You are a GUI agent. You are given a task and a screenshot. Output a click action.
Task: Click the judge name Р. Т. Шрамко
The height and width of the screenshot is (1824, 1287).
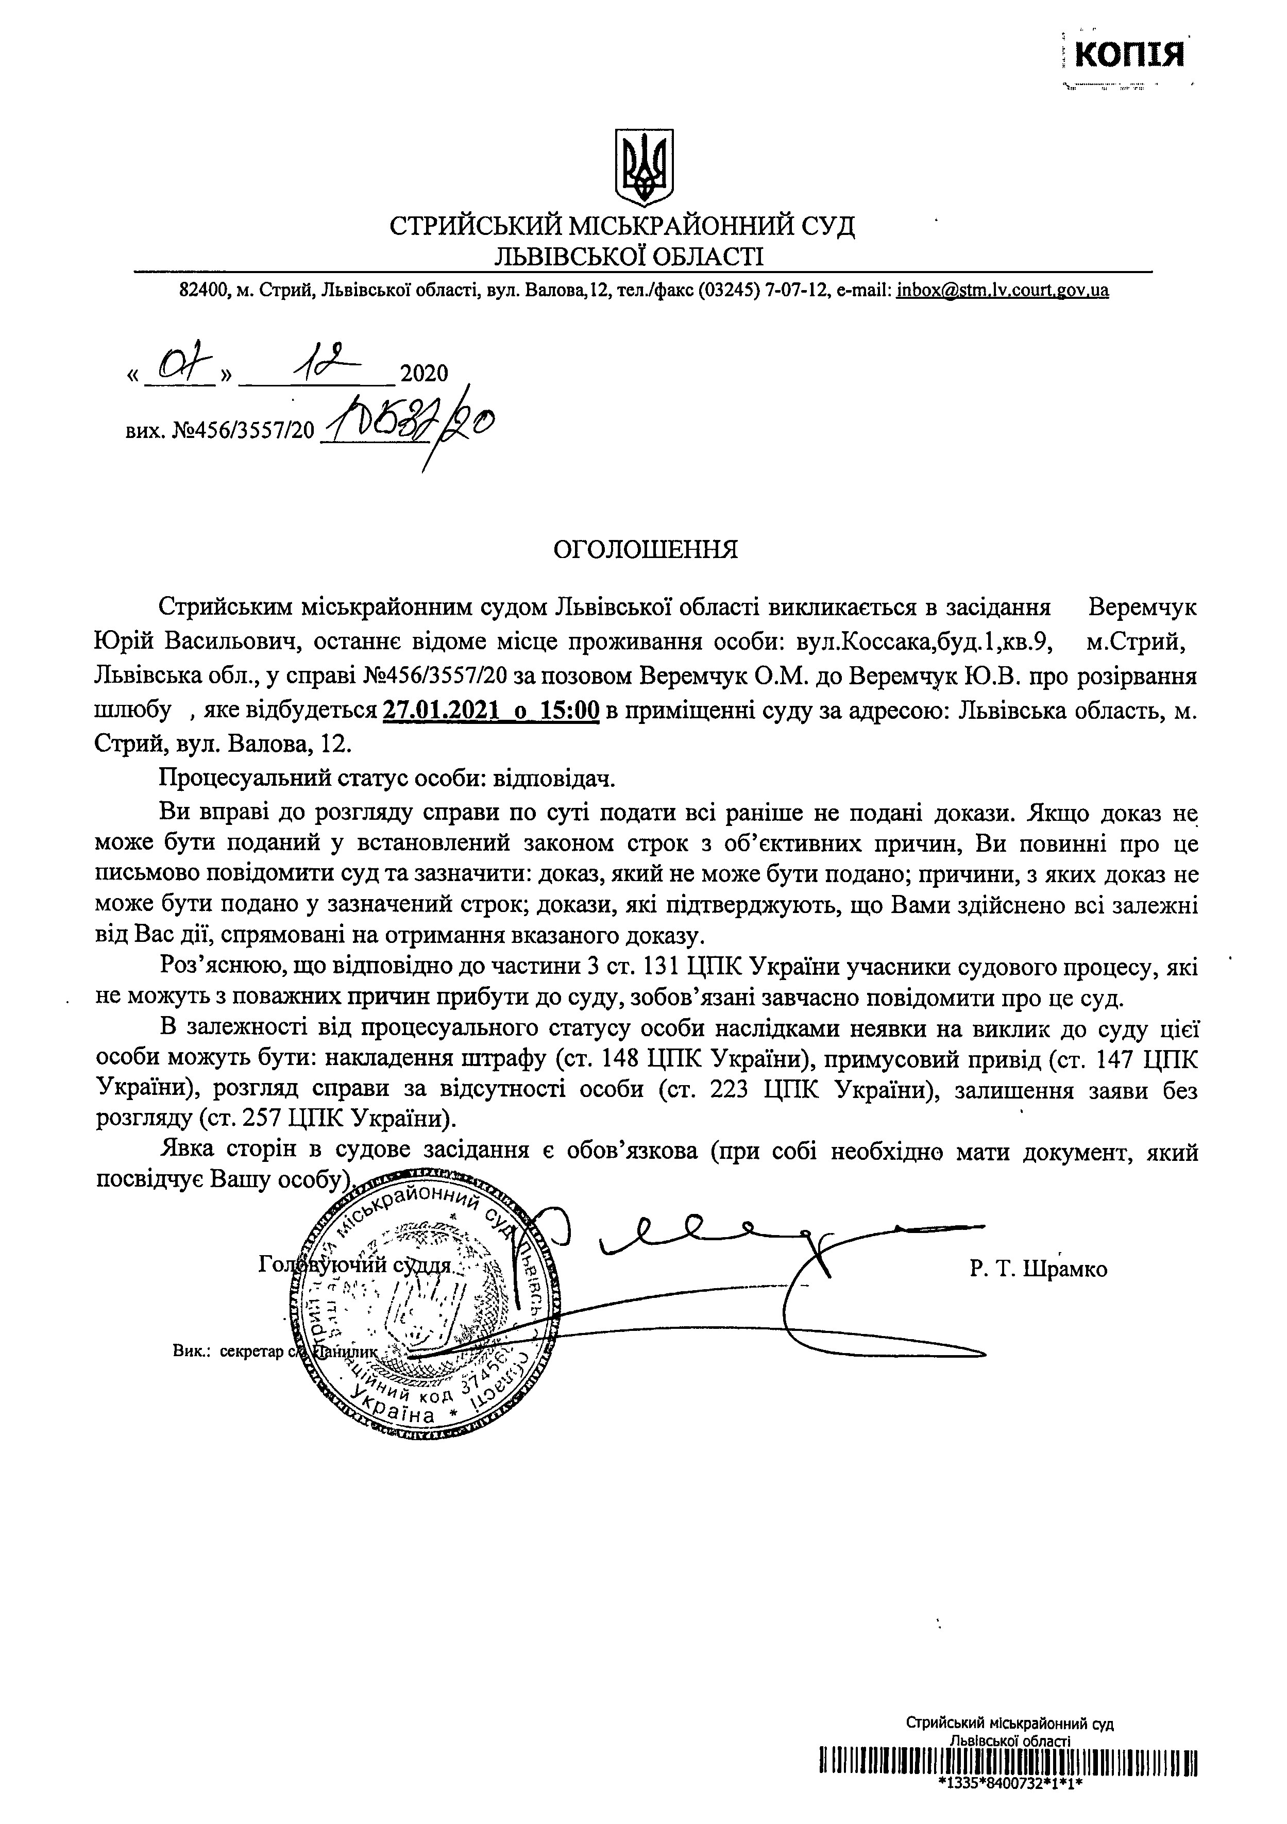(1038, 1269)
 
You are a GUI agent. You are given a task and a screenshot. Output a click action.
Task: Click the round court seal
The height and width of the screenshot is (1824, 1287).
(413, 1307)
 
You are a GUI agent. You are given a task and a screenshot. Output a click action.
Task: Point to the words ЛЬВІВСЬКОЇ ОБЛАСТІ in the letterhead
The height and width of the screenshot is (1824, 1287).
(628, 255)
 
